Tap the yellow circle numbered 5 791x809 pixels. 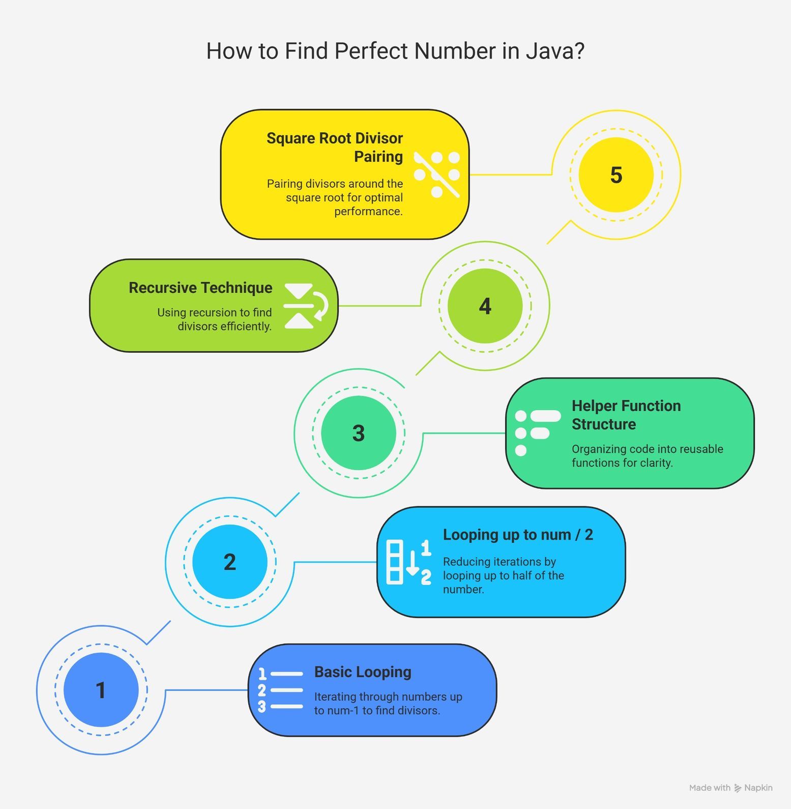[x=616, y=175]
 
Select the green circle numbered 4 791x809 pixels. [x=485, y=306]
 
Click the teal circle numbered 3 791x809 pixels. [x=359, y=433]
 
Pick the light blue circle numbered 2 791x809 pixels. [x=230, y=562]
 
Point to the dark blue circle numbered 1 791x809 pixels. [x=101, y=690]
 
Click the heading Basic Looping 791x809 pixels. [x=363, y=672]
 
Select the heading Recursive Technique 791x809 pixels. [x=200, y=288]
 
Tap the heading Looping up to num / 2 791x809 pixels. [x=518, y=535]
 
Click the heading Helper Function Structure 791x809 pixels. [x=626, y=415]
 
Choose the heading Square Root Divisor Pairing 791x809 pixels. [x=335, y=147]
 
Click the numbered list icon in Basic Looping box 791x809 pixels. [x=280, y=690]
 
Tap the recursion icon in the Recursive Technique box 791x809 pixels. [x=306, y=306]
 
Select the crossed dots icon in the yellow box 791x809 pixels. [x=437, y=175]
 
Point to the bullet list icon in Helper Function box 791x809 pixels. [x=538, y=433]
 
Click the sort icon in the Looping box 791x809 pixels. [x=409, y=562]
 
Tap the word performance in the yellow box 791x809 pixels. [x=368, y=212]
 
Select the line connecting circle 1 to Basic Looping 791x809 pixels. [x=207, y=690]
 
